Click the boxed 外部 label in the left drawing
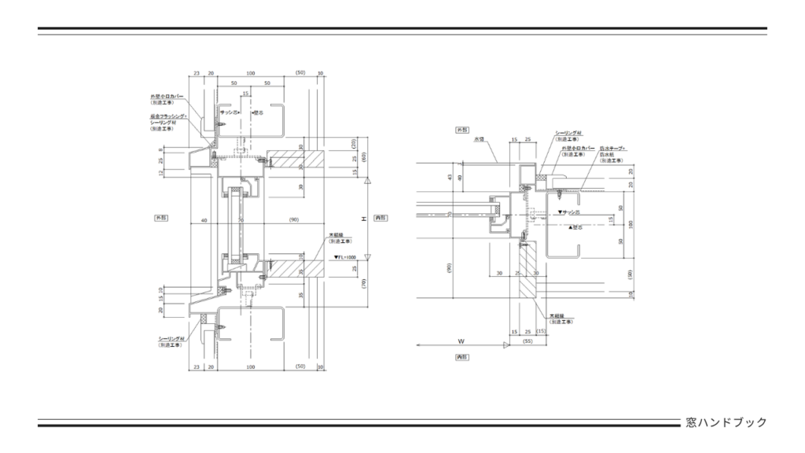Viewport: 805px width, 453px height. [161, 216]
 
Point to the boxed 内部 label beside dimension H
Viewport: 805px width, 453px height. [380, 216]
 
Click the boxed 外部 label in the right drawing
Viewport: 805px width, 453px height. [462, 129]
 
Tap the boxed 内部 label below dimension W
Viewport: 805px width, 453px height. [462, 356]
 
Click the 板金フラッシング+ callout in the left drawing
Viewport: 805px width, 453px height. [167, 116]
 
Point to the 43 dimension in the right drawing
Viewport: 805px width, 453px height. [450, 176]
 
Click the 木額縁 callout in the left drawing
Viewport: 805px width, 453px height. [336, 234]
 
